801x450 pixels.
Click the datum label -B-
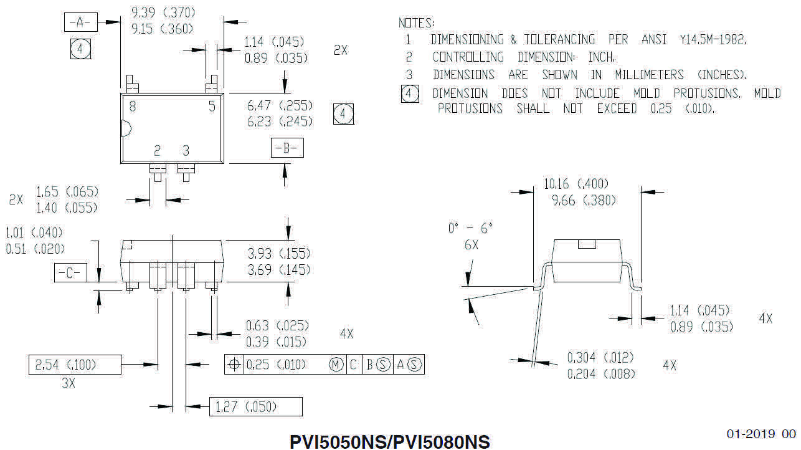coord(287,149)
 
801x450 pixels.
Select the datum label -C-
coord(70,273)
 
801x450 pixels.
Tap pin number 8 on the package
coord(133,107)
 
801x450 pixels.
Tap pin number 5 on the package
coord(212,107)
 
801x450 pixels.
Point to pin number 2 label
coord(158,150)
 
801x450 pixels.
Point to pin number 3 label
coord(186,150)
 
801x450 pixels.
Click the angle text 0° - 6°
coord(470,229)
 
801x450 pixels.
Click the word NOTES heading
coord(416,23)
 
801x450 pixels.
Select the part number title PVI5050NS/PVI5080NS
coord(390,441)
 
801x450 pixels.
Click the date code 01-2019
coord(751,434)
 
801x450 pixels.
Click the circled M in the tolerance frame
coord(336,365)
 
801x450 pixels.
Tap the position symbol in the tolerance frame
coord(234,365)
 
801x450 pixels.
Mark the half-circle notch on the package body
coord(124,129)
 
